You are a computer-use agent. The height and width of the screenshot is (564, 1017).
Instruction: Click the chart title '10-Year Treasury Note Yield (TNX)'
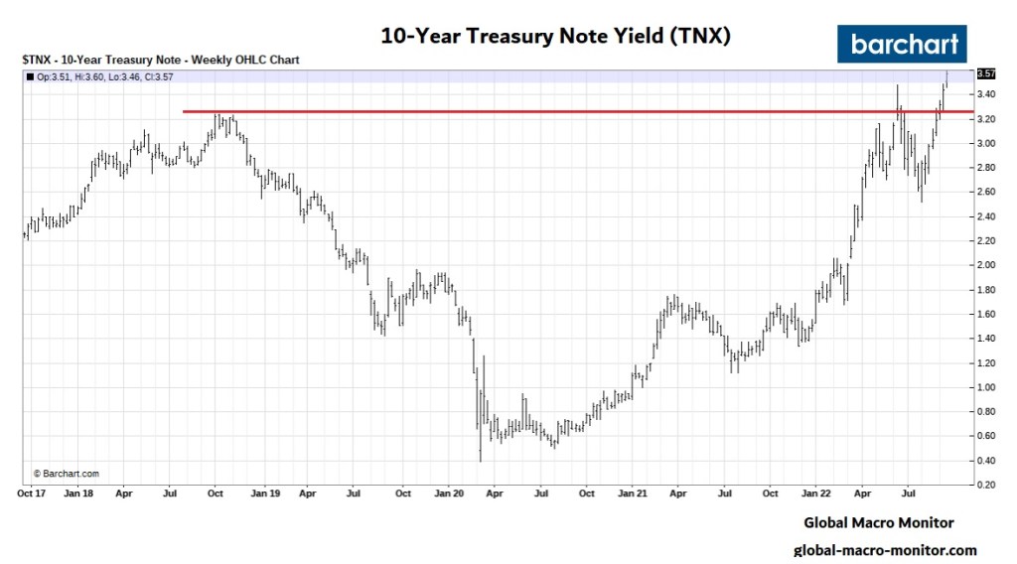click(556, 37)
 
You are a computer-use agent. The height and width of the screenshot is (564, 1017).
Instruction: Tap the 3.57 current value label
click(986, 74)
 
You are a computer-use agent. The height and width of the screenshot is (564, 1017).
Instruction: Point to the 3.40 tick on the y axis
click(985, 94)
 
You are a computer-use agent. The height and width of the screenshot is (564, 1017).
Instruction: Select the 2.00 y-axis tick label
click(985, 265)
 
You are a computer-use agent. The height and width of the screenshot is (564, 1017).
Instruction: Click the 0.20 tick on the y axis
click(985, 485)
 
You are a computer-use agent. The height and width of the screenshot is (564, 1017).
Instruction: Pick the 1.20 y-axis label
click(985, 362)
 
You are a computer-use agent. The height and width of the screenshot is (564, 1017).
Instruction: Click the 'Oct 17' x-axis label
click(33, 493)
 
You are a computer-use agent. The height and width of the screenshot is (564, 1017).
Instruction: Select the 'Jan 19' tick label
click(264, 493)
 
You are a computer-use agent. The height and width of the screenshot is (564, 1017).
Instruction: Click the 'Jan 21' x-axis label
click(633, 493)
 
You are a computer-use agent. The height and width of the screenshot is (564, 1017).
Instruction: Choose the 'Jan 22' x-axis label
click(816, 493)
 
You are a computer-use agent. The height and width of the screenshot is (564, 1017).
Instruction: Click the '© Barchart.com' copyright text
click(66, 474)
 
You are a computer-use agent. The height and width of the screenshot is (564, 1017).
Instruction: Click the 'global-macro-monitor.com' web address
click(885, 550)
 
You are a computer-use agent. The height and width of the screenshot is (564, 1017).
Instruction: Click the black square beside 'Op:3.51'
click(28, 75)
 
